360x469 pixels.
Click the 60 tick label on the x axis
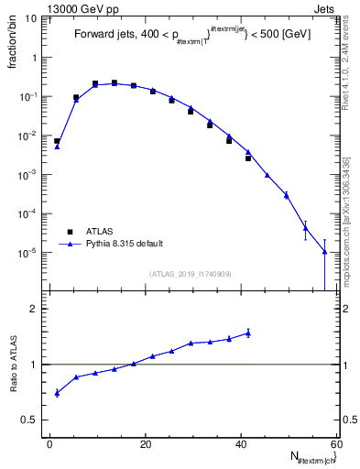click(x=335, y=443)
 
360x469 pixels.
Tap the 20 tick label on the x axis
click(x=146, y=443)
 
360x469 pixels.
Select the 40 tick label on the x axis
click(x=241, y=443)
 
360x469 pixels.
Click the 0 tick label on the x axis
click(x=50, y=443)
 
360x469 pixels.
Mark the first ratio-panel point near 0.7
click(x=57, y=393)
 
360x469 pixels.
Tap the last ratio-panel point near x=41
click(x=247, y=333)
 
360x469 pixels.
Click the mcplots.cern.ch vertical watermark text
click(x=351, y=220)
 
